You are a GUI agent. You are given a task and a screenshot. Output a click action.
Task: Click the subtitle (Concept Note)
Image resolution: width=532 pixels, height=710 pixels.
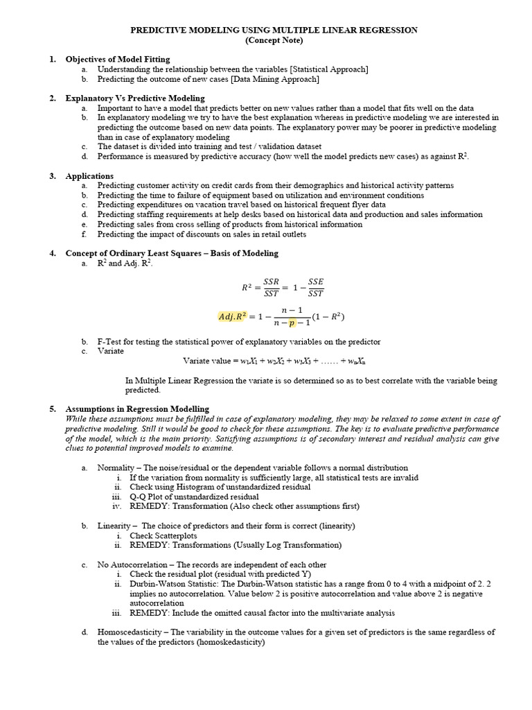tap(274, 41)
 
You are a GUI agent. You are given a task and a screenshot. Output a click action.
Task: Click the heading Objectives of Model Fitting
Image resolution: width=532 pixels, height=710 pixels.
tap(117, 60)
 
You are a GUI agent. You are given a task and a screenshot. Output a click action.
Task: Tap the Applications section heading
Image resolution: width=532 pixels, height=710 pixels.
tap(89, 176)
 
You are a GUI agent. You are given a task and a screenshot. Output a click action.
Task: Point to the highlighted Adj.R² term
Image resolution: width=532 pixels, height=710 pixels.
tap(233, 317)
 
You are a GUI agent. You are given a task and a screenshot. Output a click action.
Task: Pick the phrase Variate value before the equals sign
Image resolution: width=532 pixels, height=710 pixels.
tap(206, 361)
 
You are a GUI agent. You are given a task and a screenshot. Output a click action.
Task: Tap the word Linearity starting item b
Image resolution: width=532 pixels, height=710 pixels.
tap(114, 526)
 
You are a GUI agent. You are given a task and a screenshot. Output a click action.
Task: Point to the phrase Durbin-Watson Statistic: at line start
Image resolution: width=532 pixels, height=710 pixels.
tap(175, 585)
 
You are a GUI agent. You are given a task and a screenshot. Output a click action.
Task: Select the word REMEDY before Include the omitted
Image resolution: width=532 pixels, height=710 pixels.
tap(148, 613)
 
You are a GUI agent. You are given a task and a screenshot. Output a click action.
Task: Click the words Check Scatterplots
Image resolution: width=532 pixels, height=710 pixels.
tap(163, 535)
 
